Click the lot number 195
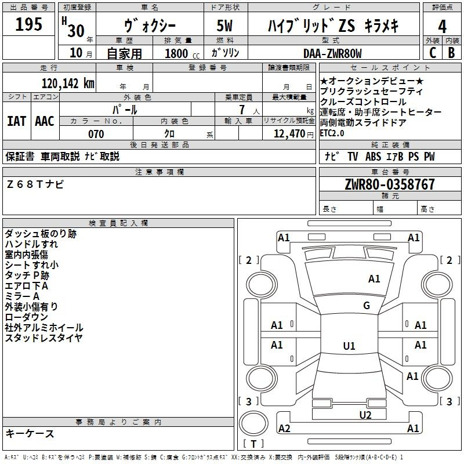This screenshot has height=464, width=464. tap(28, 24)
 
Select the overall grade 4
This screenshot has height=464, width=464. tap(442, 27)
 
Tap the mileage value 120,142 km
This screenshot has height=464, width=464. tap(68, 84)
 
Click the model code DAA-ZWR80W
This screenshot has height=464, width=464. tap(332, 53)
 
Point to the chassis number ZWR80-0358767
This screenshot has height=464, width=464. tap(390, 184)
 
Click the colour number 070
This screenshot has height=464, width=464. tap(96, 134)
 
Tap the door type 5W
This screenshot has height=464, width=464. tap(224, 26)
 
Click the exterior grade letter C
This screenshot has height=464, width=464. tap(433, 53)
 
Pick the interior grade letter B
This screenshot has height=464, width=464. tap(452, 53)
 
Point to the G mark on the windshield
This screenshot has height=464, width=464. tap(367, 306)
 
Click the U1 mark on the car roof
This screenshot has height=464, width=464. tap(349, 346)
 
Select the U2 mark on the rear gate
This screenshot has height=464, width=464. tap(365, 415)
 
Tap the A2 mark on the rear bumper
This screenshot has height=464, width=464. tap(284, 429)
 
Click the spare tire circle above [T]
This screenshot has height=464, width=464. tap(253, 423)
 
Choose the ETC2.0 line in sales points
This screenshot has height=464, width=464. tap(332, 133)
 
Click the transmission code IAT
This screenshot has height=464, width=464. tap(17, 121)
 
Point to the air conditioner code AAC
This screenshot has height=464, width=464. tap(45, 121)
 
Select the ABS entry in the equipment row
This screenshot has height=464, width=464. tap(373, 156)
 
